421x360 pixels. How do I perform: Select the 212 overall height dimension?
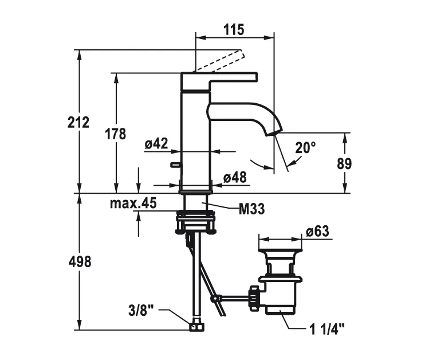click(x=78, y=122)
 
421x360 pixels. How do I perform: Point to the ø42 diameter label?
click(x=156, y=144)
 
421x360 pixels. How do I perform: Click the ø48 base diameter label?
click(x=235, y=178)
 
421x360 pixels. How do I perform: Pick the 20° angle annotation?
click(x=305, y=147)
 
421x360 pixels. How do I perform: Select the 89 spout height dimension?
click(x=344, y=163)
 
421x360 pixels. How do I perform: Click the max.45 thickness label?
click(x=133, y=203)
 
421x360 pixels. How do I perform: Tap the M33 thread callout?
click(x=251, y=210)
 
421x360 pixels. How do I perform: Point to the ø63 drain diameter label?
click(x=317, y=232)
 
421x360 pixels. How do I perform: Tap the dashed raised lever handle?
click(x=221, y=61)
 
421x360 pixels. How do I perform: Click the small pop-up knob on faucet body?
click(x=174, y=166)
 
